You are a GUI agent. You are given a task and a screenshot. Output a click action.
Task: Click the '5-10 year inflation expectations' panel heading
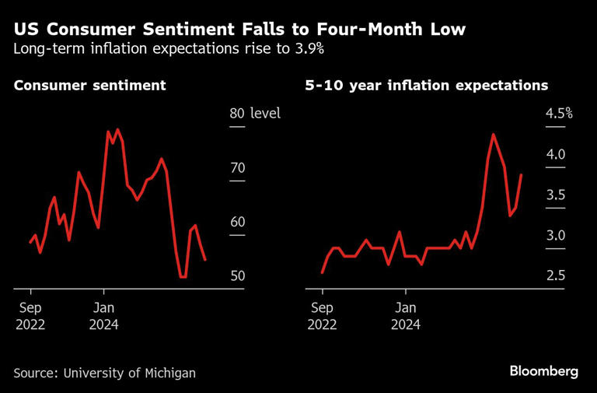[x=427, y=86]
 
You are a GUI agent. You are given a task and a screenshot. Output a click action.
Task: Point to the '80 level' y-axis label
[x=254, y=114]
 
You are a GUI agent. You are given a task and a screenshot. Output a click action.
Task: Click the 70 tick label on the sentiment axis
[x=237, y=168]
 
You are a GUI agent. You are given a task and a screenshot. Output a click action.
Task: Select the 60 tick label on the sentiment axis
[x=237, y=222]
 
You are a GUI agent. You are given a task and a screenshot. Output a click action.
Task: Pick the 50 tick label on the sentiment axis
[x=237, y=276]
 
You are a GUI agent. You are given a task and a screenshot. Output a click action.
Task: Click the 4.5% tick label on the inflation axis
[x=559, y=114]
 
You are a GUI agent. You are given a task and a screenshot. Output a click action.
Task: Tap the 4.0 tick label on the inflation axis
[x=555, y=154]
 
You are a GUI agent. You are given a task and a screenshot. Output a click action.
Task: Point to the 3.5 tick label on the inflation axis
[x=555, y=195]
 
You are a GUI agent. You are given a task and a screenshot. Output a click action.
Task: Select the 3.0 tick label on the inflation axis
[x=555, y=236]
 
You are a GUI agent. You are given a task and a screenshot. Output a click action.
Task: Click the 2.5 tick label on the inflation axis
[x=555, y=276]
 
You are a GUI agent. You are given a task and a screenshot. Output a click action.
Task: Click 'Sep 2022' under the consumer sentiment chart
[x=30, y=315]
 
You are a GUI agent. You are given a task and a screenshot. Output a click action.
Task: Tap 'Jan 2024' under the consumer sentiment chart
[x=103, y=315]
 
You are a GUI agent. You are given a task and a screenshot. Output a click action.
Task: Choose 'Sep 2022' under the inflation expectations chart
[x=322, y=315]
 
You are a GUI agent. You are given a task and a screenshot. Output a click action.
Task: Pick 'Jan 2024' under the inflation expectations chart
[x=405, y=315]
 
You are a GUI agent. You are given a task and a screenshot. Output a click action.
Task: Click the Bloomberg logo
[x=543, y=371]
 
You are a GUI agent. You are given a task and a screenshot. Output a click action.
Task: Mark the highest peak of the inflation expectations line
[x=493, y=135]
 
